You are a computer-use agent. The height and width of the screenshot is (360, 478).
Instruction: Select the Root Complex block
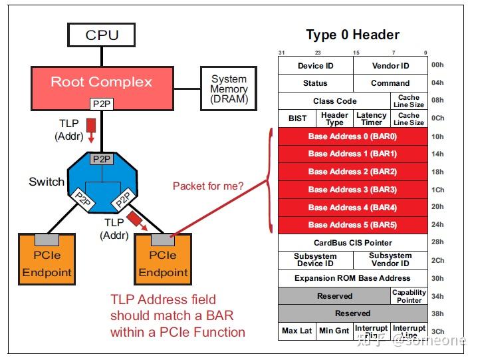pyautogui.click(x=102, y=82)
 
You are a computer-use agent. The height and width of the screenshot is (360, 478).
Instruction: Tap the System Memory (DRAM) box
pyautogui.click(x=229, y=89)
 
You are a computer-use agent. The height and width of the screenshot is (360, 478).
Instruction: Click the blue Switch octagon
pyautogui.click(x=101, y=182)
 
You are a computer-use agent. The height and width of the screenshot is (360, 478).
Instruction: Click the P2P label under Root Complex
pyautogui.click(x=102, y=104)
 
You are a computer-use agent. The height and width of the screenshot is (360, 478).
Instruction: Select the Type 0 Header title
pyautogui.click(x=352, y=35)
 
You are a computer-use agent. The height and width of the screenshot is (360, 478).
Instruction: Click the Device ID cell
pyautogui.click(x=315, y=66)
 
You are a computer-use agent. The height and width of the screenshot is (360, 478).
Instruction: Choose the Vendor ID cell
pyautogui.click(x=390, y=66)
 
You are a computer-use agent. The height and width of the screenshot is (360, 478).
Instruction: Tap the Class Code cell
pyautogui.click(x=334, y=101)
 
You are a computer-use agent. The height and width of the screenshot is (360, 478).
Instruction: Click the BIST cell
pyautogui.click(x=298, y=118)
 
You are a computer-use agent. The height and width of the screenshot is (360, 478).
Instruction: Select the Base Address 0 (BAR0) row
pyautogui.click(x=352, y=136)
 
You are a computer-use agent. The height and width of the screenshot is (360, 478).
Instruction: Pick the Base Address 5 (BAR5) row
pyautogui.click(x=352, y=225)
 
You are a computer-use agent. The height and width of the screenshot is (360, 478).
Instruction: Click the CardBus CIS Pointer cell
pyautogui.click(x=352, y=243)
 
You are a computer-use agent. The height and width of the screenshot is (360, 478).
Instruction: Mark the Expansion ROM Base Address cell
pyautogui.click(x=352, y=278)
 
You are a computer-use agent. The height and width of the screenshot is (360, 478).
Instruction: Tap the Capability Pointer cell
pyautogui.click(x=409, y=296)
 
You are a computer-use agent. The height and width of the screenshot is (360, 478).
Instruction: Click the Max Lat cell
pyautogui.click(x=297, y=331)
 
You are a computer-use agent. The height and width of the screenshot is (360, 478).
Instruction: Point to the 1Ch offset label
pyautogui.click(x=437, y=190)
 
